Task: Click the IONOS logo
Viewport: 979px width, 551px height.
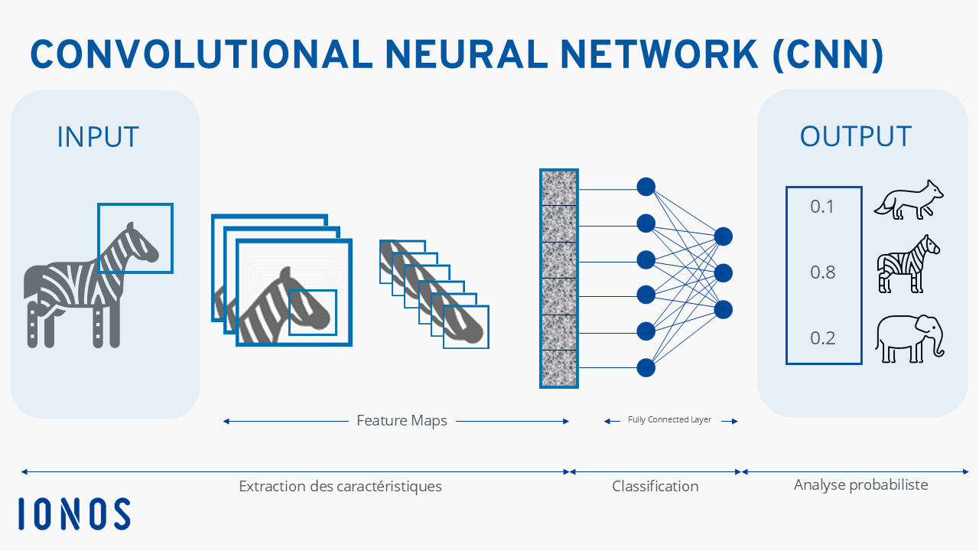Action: [74, 514]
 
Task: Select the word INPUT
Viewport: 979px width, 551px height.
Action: [99, 137]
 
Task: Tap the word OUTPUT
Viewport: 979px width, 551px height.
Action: [856, 136]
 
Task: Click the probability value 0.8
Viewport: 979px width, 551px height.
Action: [822, 272]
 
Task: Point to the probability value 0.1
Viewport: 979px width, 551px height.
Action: [821, 207]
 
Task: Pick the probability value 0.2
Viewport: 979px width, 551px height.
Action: [822, 338]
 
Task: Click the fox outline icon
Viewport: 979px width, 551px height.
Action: [909, 200]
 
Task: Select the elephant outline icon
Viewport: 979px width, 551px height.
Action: [910, 338]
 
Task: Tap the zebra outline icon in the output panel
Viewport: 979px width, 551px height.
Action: [908, 264]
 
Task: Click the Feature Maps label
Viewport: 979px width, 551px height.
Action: [402, 421]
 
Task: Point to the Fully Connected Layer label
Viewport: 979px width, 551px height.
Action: [669, 420]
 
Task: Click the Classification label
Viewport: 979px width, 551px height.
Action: [655, 486]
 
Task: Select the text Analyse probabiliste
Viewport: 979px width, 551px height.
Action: [861, 485]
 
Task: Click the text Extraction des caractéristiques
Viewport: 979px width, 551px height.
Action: [340, 486]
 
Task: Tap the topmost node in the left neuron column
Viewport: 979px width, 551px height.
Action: [646, 187]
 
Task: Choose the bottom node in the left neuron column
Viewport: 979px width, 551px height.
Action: [646, 368]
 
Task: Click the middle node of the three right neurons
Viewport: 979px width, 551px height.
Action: [724, 273]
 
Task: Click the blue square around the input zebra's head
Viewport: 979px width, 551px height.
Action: [99, 238]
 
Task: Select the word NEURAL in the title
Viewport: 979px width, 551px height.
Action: [467, 54]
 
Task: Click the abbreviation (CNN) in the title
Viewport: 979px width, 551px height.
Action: [828, 55]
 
